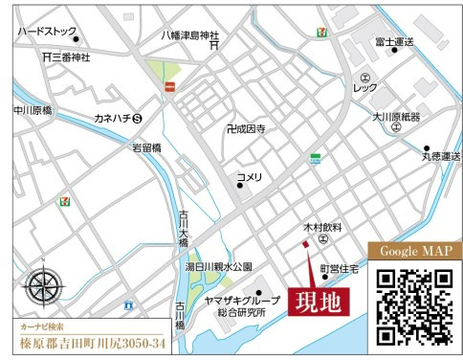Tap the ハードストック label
(x=45, y=32)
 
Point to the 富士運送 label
(x=394, y=42)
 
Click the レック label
(x=365, y=88)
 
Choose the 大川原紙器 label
(x=399, y=117)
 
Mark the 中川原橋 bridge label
(x=33, y=111)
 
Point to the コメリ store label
(x=250, y=176)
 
